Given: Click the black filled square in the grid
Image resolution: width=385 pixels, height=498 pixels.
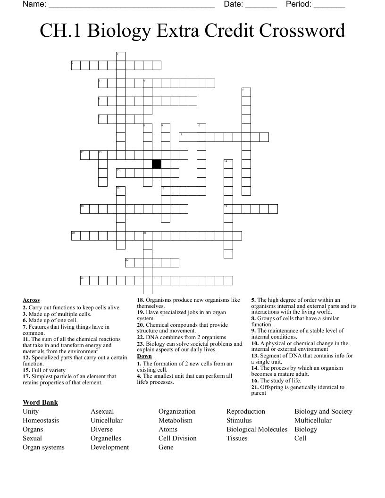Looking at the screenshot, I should tap(157, 164).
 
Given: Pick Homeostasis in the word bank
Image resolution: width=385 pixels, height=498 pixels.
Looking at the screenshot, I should tap(41, 420).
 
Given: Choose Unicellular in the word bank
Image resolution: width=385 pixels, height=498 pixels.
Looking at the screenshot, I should tap(106, 420).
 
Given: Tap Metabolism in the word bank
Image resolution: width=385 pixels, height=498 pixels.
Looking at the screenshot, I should tap(175, 420).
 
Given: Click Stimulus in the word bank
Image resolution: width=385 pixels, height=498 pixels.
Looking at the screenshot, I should tap(239, 420).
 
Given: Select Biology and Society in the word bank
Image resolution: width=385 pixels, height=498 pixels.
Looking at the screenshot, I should tap(323, 411).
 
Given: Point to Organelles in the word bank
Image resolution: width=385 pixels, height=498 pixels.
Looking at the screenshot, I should tap(106, 438).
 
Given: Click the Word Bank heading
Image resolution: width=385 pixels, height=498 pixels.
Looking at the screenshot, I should tap(40, 402).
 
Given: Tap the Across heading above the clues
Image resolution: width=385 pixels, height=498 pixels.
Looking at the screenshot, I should tap(31, 300).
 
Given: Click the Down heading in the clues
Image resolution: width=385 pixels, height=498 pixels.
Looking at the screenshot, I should tap(144, 357).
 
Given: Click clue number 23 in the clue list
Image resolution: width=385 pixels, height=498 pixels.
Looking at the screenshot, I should tap(140, 344).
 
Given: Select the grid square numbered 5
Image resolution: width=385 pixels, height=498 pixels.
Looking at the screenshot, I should tap(246, 92).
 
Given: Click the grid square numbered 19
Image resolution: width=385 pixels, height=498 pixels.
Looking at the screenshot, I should tap(228, 209).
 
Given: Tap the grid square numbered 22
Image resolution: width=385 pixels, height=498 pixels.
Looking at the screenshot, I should tap(130, 263).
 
